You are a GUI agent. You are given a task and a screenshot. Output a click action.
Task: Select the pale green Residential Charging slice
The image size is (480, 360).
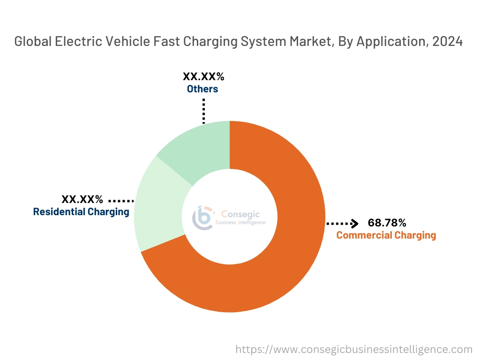click(x=157, y=211)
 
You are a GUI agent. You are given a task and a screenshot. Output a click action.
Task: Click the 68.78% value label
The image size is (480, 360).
click(x=387, y=223)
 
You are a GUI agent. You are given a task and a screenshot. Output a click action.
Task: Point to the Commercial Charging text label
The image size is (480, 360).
click(x=386, y=235)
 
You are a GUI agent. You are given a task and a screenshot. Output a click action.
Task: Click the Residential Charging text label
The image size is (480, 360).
click(x=81, y=212)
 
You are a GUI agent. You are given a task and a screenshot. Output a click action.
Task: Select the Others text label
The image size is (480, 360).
click(x=202, y=89)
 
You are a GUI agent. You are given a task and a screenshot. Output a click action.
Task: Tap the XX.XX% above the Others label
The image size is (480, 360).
click(x=203, y=76)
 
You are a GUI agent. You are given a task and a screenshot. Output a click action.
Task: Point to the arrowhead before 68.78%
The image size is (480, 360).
click(x=355, y=223)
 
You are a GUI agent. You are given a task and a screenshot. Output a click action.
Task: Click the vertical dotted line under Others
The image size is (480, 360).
click(x=204, y=111)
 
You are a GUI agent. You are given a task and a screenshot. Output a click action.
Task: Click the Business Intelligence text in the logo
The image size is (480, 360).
click(x=240, y=223)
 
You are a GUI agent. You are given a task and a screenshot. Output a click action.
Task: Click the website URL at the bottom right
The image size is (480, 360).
click(x=354, y=349)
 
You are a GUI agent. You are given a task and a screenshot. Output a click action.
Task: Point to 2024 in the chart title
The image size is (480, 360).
click(x=448, y=42)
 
